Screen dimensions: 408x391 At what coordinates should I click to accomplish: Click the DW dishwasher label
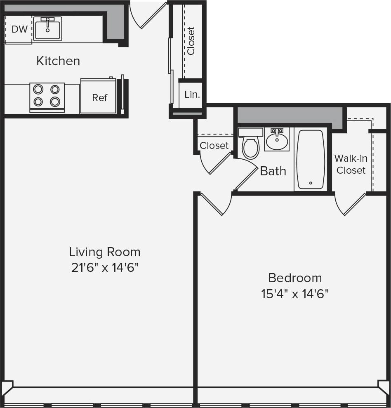point(19,29)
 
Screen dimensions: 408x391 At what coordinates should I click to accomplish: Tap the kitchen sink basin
point(47,29)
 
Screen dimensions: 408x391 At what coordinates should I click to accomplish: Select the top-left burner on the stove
point(38,89)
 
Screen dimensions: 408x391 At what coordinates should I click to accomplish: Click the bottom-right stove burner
point(55,101)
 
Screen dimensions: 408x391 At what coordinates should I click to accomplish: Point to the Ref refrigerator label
point(99,98)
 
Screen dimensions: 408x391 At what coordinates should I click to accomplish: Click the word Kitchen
point(58,61)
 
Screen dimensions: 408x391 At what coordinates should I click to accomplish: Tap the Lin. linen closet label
point(192,94)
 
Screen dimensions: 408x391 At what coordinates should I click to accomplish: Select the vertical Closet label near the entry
point(191,41)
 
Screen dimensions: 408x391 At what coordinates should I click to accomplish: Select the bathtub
point(311,159)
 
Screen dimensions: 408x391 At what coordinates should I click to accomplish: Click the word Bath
point(273,171)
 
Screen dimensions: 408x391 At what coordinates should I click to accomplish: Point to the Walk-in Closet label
point(351,164)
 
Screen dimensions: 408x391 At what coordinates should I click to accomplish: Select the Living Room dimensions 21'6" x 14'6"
point(104,268)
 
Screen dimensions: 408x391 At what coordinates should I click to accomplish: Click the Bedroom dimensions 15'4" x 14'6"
point(295,294)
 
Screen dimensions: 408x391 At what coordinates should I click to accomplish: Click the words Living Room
point(104,252)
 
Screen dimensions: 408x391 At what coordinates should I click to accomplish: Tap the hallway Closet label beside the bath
point(214,146)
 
